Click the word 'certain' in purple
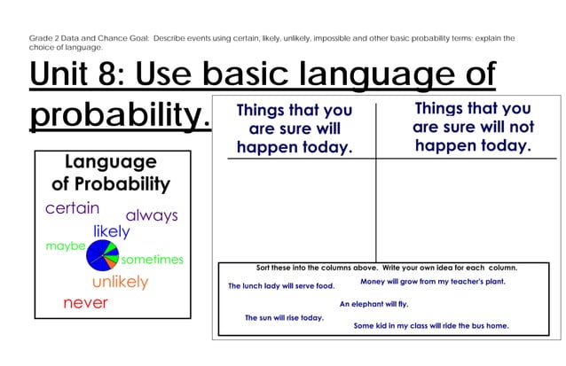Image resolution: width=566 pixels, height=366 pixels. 72,209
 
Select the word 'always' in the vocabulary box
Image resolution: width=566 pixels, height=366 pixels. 151,215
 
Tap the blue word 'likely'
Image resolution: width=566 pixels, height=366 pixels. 112,231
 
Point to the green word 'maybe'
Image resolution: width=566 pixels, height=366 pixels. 65,245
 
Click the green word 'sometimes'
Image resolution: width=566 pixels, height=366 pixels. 152,260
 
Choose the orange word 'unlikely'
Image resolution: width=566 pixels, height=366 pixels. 120,282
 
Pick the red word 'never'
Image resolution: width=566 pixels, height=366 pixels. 85,303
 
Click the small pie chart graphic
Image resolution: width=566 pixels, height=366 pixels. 101,256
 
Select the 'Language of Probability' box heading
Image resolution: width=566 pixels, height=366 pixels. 111,173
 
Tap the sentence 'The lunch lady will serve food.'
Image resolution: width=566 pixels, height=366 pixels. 280,286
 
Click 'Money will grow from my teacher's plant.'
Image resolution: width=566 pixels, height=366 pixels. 432,282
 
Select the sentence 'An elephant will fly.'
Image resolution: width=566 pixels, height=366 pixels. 373,304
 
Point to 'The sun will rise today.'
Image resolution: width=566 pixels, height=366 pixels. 284,317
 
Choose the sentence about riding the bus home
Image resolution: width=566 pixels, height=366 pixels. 431,326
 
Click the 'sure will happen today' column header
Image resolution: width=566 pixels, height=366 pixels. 295,129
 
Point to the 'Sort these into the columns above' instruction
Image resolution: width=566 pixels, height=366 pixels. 386,268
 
